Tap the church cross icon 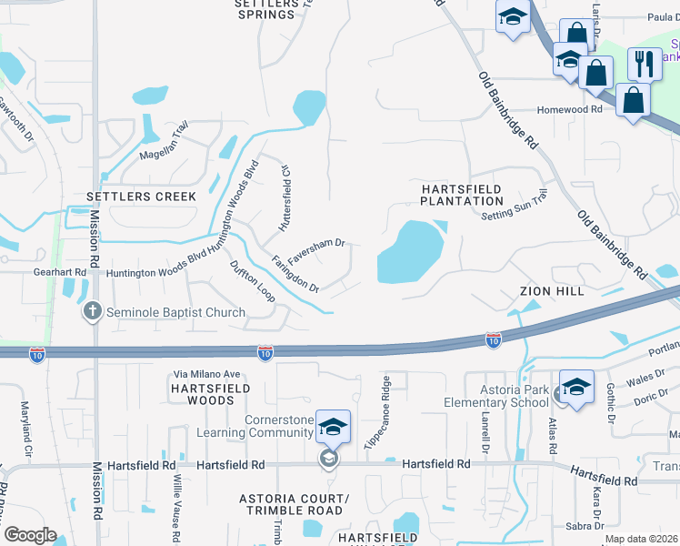[x=92, y=312]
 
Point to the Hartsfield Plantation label [x=462, y=194]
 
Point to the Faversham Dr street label [x=315, y=244]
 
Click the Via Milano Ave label [x=206, y=374]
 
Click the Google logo [x=30, y=535]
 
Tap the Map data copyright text [x=642, y=539]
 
